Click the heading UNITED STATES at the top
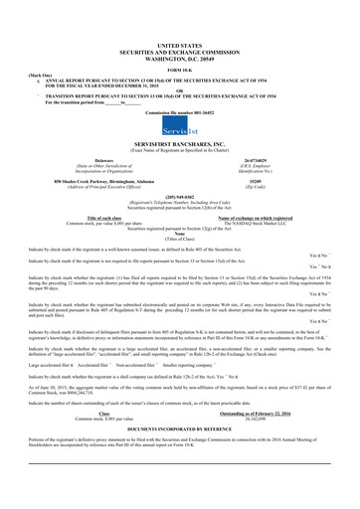(179, 46)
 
